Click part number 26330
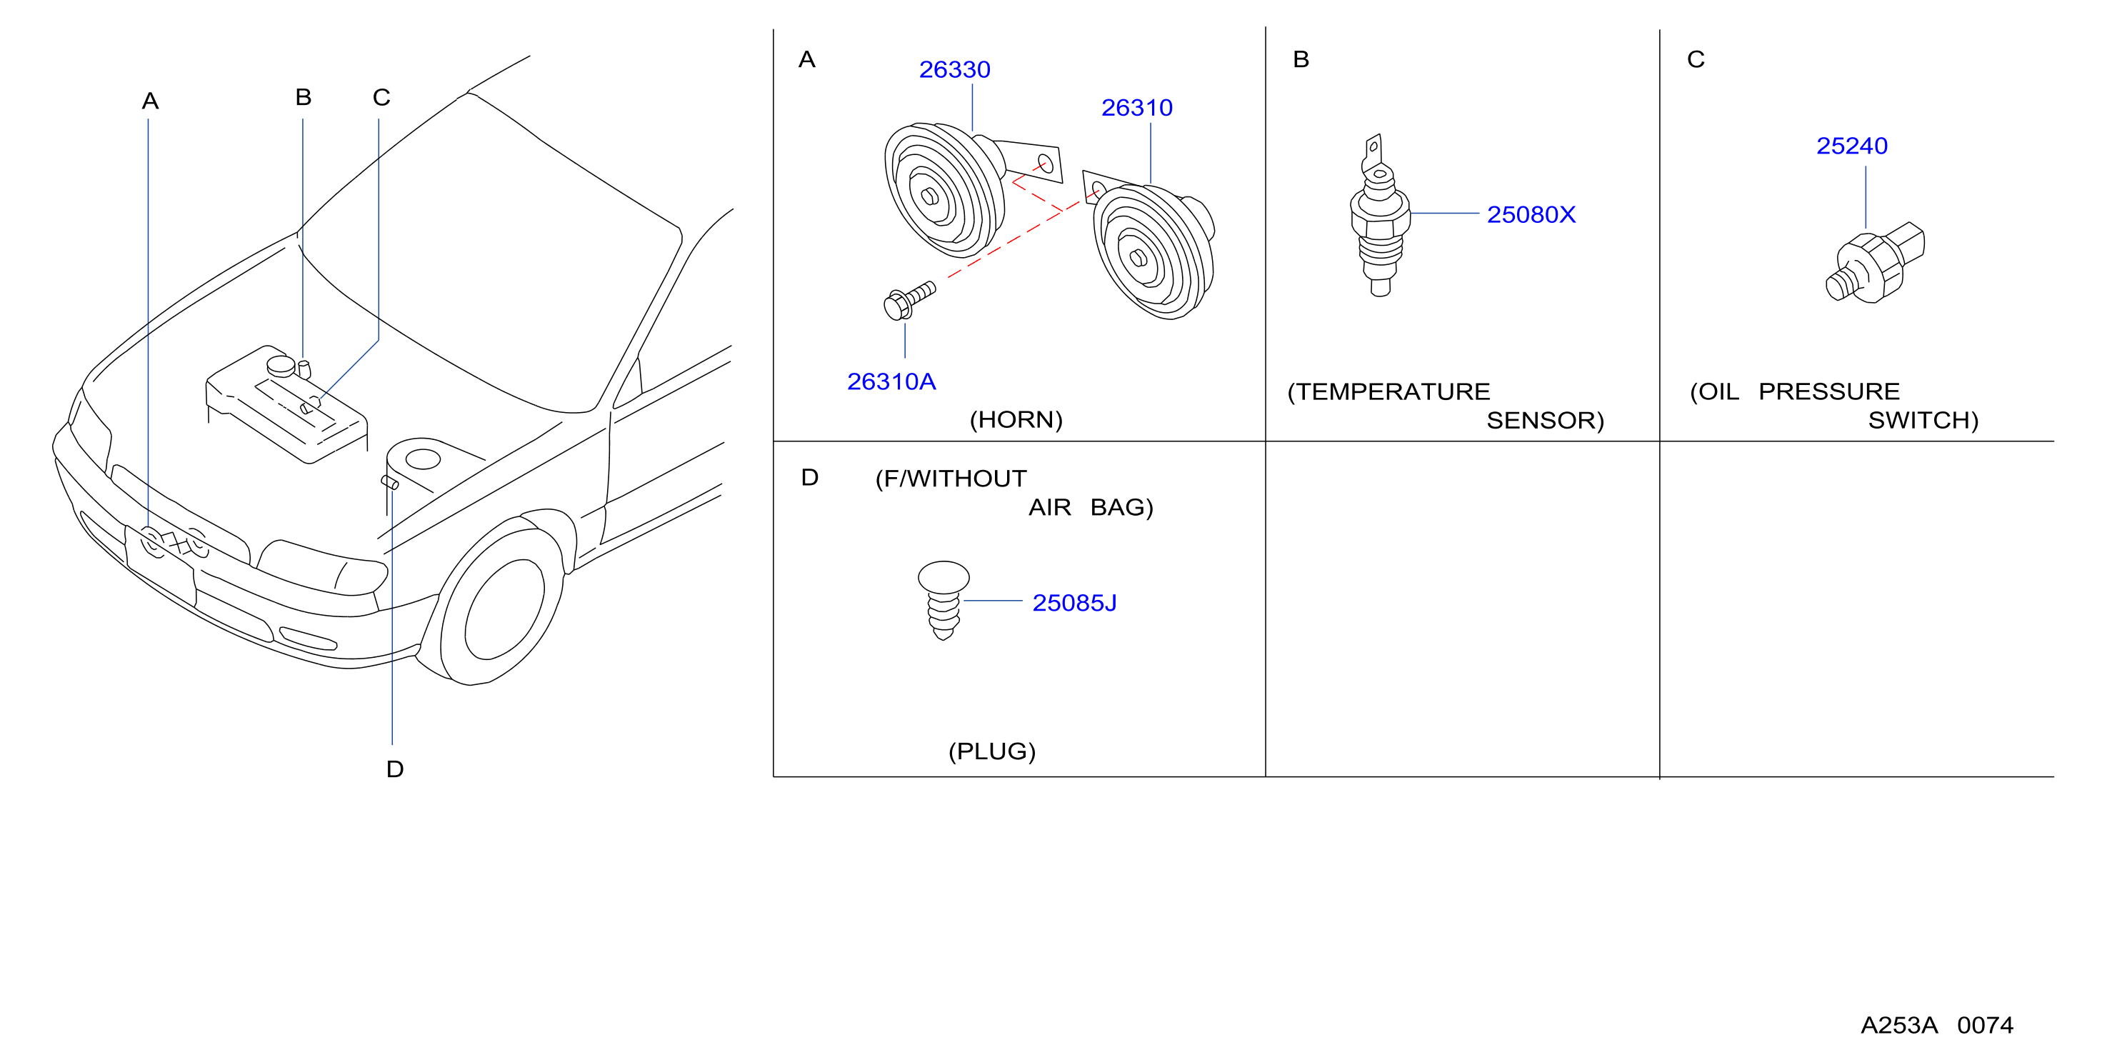pos(954,69)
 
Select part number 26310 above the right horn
pos(1137,107)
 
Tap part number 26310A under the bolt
pos(891,381)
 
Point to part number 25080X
pos(1531,214)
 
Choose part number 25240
pos(1852,146)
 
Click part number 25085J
pos(1074,603)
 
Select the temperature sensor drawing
pos(1380,216)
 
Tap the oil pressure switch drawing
pos(1875,264)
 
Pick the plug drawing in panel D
pos(943,600)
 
